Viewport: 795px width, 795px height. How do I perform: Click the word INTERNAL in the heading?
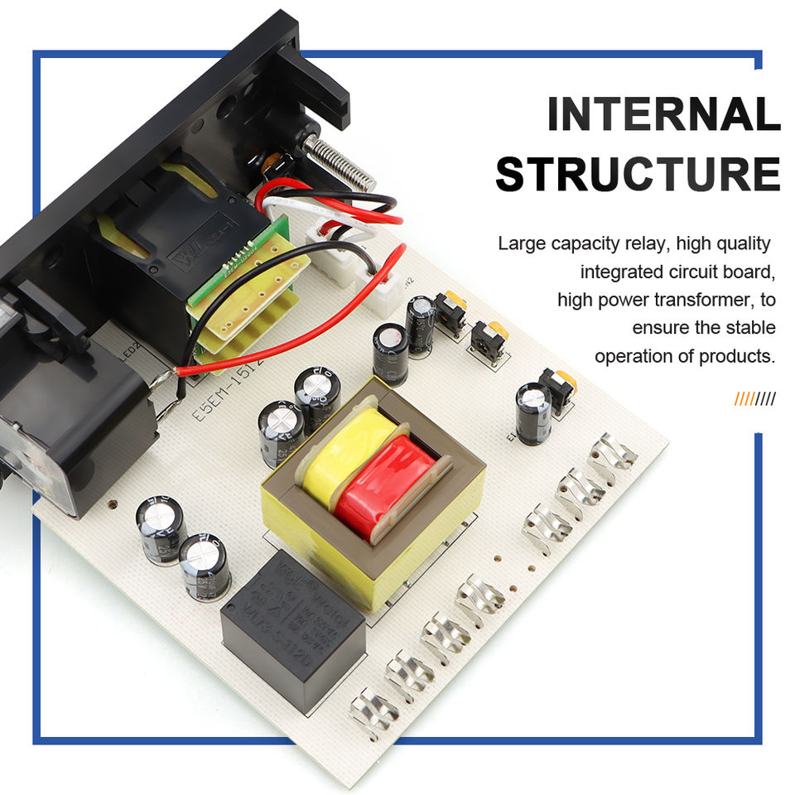663,115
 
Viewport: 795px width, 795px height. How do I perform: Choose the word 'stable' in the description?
751,328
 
